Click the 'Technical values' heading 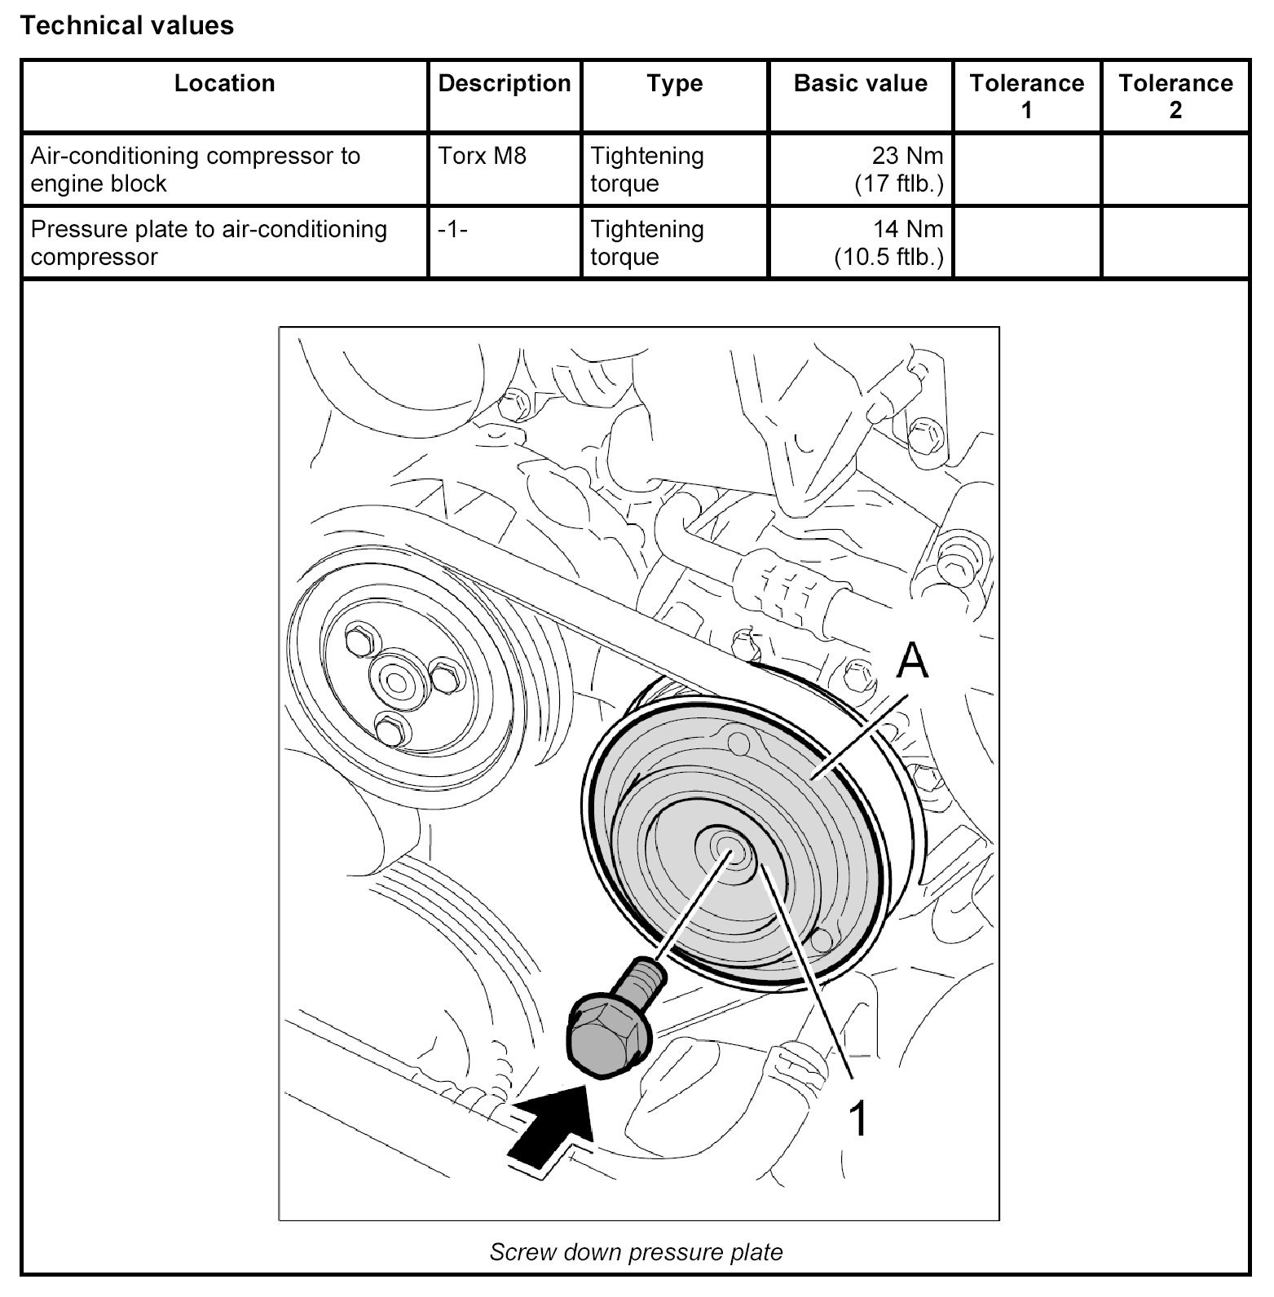127,26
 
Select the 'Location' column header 224,84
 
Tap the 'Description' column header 505,84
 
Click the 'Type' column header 675,84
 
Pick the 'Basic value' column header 860,84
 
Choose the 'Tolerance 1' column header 1026,96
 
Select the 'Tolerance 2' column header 1175,96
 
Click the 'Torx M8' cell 483,156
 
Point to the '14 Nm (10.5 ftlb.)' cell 888,243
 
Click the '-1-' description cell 452,229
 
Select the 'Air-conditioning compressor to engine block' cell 196,170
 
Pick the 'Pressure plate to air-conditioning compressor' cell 209,243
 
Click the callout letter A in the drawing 912,660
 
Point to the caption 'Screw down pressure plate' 636,1252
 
